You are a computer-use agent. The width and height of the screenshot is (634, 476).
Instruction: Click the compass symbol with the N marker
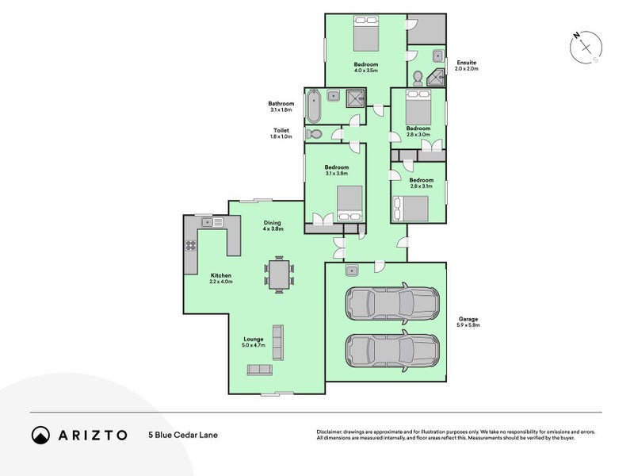(586, 48)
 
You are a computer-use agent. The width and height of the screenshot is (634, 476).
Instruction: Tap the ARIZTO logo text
(90, 435)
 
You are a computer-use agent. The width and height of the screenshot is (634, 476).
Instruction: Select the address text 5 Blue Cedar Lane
(182, 435)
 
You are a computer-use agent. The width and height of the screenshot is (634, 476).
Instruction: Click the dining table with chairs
(278, 274)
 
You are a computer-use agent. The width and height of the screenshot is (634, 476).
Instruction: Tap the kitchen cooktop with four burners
(191, 245)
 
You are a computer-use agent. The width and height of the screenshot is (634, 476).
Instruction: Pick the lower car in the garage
(391, 349)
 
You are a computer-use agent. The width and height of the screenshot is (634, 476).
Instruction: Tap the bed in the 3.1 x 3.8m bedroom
(349, 203)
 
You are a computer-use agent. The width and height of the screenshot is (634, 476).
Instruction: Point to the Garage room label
(468, 319)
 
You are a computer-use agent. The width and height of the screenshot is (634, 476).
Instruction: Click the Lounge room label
(254, 339)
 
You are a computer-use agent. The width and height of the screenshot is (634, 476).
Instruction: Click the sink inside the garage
(349, 271)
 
